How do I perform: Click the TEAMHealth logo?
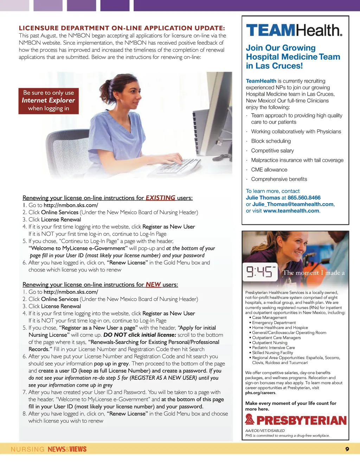(x=294, y=30)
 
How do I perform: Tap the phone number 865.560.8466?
(x=304, y=198)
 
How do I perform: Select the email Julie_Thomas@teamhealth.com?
(x=293, y=204)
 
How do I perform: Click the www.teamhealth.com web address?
(x=291, y=211)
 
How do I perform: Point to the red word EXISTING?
(x=160, y=198)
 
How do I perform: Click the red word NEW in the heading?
(x=153, y=284)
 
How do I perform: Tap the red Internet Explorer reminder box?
(x=49, y=101)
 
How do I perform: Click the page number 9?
(x=347, y=449)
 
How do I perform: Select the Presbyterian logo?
(x=296, y=420)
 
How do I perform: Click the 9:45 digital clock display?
(x=261, y=272)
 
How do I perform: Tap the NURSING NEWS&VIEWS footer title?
(x=49, y=449)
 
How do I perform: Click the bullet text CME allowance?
(x=269, y=169)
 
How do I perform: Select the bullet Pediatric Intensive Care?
(x=274, y=347)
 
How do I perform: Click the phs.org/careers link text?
(x=260, y=393)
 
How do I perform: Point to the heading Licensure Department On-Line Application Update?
(x=122, y=28)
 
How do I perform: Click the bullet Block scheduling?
(x=271, y=141)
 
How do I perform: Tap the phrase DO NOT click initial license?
(x=140, y=335)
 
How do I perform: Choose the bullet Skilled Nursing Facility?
(x=272, y=353)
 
